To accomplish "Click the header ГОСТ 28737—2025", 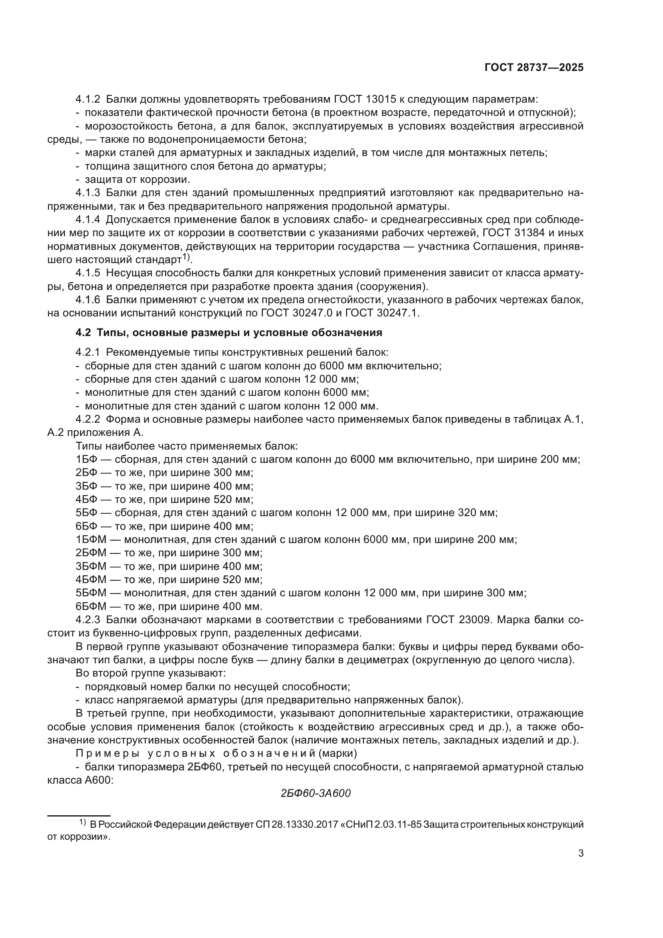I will coord(534,68).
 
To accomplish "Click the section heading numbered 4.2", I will coord(228,332).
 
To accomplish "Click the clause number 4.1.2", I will coord(88,99).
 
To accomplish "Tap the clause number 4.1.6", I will coord(88,300).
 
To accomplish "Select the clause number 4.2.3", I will coord(88,620).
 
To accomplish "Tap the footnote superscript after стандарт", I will coord(186,257).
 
